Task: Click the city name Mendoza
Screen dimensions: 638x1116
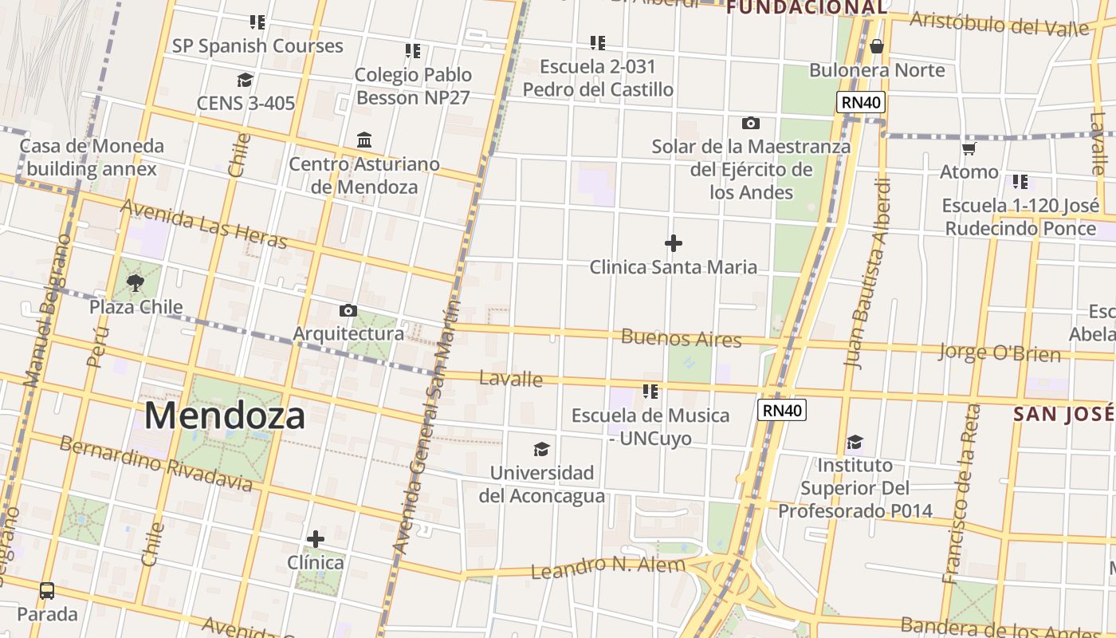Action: [225, 416]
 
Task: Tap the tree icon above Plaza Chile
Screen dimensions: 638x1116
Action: [136, 282]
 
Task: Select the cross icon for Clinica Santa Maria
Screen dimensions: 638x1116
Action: [674, 242]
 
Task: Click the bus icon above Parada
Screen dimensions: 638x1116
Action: [47, 591]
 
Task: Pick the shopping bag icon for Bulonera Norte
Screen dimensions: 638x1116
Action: [877, 46]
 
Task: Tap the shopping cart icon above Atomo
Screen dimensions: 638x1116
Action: [969, 148]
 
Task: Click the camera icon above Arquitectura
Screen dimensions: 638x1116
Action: [348, 310]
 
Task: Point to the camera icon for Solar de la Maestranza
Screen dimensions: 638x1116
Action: [750, 123]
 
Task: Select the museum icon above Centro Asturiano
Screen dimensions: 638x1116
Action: [364, 140]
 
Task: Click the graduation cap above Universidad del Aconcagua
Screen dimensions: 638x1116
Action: [542, 449]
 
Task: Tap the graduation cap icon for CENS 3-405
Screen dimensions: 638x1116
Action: [245, 80]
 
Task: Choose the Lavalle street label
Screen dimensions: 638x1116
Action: [511, 378]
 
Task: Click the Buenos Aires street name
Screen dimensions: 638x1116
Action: [682, 338]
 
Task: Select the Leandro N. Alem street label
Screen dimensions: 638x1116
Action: [607, 567]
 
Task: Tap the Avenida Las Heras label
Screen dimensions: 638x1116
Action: [202, 223]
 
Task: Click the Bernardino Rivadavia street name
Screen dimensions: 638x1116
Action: [156, 463]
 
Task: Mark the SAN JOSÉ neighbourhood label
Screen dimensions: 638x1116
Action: [1063, 414]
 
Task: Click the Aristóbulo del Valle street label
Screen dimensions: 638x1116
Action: [1000, 23]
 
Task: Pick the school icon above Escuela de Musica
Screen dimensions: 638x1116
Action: [650, 391]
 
